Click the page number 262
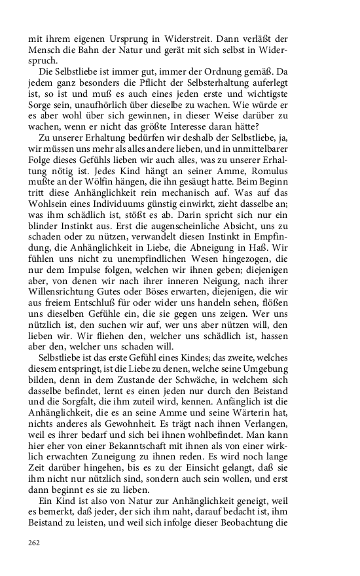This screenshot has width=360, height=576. point(34,543)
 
